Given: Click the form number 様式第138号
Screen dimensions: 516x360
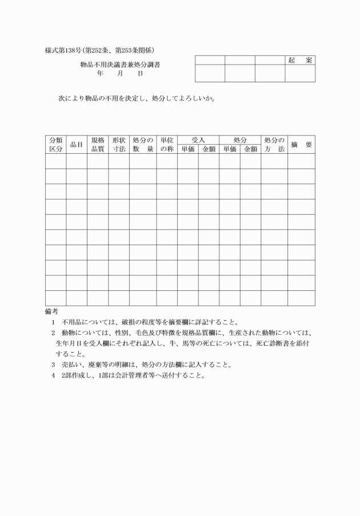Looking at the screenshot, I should pos(64,51).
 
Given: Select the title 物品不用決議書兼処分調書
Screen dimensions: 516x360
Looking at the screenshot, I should pos(120,65).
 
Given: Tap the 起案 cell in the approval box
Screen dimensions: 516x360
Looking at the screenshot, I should pos(300,60).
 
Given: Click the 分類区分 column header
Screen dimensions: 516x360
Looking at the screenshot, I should pos(55,145).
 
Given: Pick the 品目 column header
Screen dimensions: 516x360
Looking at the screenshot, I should pos(77,145).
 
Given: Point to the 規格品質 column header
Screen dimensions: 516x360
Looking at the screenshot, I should pos(98,145).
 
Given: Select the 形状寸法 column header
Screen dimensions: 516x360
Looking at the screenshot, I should pos(119,145).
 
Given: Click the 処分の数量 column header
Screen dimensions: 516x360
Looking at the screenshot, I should pos(143,145).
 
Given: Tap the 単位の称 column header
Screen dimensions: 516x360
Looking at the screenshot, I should pos(167,145).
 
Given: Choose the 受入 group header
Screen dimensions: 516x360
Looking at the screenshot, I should pos(198,140).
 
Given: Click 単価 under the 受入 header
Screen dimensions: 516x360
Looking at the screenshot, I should pos(188,149).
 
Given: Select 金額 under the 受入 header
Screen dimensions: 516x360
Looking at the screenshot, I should pos(209,149).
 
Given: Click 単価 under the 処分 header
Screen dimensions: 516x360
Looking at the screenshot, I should pos(230,149).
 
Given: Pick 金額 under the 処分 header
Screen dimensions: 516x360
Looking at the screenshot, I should pos(250,149).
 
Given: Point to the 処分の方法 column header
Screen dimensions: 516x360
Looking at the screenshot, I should pos(274,145).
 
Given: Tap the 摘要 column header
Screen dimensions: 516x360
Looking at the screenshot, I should pos(301,145).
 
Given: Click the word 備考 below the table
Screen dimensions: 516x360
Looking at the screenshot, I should pos(51,311).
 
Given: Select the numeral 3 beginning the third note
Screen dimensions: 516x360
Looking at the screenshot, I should pos(53,365).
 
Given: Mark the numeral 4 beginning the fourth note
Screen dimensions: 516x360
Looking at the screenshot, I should pos(53,375).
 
